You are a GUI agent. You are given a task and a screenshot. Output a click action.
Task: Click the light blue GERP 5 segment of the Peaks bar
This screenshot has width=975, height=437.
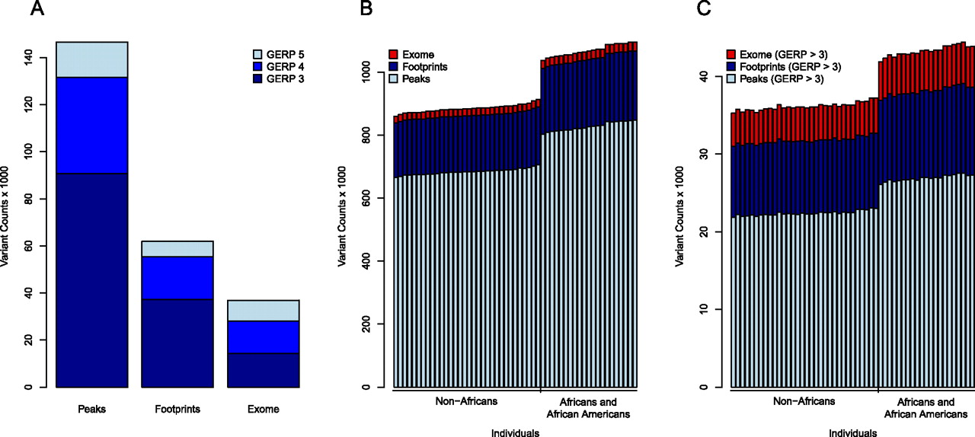(91, 59)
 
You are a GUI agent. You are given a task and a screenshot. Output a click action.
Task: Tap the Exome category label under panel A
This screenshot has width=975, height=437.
(263, 409)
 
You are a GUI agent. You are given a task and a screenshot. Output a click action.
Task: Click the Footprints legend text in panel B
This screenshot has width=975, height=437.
(426, 66)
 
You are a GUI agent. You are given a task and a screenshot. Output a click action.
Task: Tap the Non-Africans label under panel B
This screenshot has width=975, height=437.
(466, 401)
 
